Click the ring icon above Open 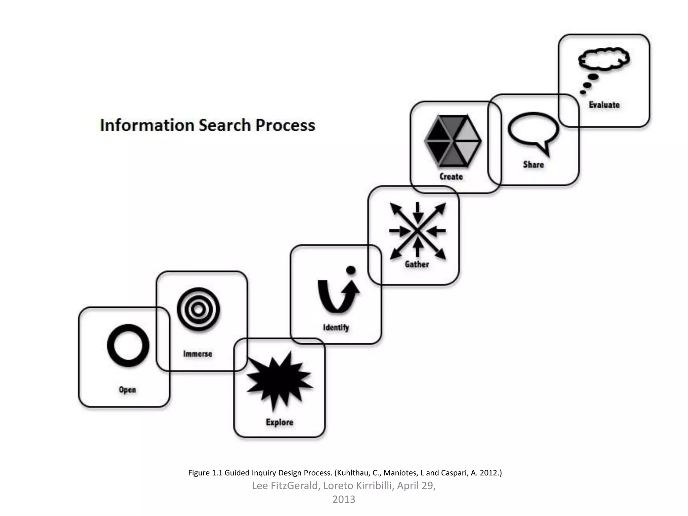point(128,345)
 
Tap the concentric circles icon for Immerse point(198,309)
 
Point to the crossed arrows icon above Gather point(418,230)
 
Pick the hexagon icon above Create point(453,141)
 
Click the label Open point(127,390)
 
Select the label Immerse point(198,354)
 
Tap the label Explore point(279,422)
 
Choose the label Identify point(336,327)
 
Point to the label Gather point(417,264)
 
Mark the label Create point(451,177)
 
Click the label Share point(533,165)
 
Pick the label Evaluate point(604,105)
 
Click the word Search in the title point(225,125)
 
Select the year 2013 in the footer point(344,500)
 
